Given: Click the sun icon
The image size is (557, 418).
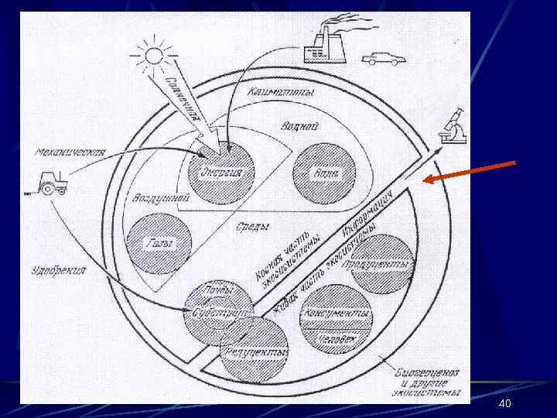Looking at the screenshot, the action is tap(149, 56).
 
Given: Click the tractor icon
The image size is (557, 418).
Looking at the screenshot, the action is tap(53, 185).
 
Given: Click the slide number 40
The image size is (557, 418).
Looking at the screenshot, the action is tap(506, 405).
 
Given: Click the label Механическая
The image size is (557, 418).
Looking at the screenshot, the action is tap(70, 152).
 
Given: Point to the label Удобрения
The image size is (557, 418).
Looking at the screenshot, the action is tap(59, 270).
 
